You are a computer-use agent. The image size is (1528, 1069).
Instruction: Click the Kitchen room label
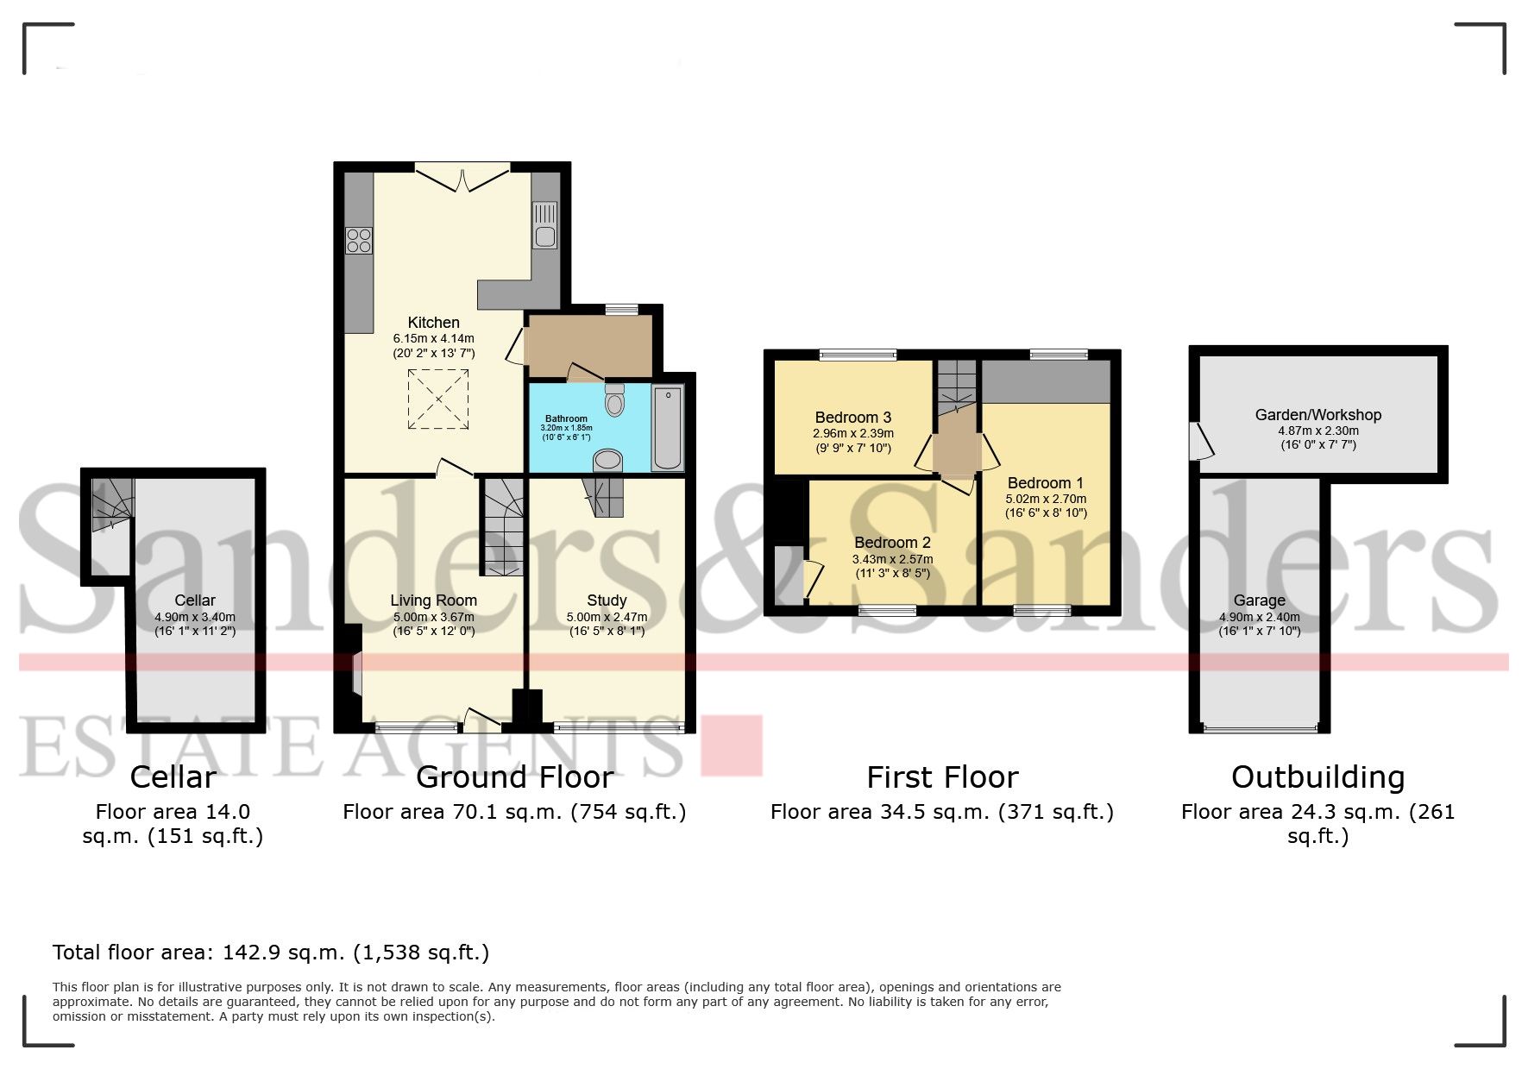433,323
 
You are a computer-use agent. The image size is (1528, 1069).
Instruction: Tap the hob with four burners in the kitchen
359,240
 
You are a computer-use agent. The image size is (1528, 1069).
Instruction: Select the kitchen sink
544,225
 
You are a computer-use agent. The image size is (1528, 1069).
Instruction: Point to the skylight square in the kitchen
439,399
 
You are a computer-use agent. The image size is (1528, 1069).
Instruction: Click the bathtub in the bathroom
667,429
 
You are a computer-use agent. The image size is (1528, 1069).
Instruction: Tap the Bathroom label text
566,418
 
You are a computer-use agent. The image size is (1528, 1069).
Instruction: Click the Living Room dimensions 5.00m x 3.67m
433,618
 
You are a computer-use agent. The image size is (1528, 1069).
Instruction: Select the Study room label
607,601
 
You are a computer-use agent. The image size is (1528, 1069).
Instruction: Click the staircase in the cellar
113,504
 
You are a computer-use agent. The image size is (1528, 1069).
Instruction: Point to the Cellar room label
195,601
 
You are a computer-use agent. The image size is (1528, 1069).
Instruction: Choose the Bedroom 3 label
852,418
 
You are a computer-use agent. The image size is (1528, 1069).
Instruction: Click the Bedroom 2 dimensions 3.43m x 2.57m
892,559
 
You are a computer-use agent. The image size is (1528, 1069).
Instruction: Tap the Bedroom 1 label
1045,483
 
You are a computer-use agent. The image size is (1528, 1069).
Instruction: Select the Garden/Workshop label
1317,415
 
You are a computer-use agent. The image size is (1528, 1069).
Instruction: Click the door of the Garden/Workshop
1201,441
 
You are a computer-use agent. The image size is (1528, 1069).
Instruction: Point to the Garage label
1259,601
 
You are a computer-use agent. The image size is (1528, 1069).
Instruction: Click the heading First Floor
942,777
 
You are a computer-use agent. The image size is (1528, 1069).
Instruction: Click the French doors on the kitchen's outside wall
462,179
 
